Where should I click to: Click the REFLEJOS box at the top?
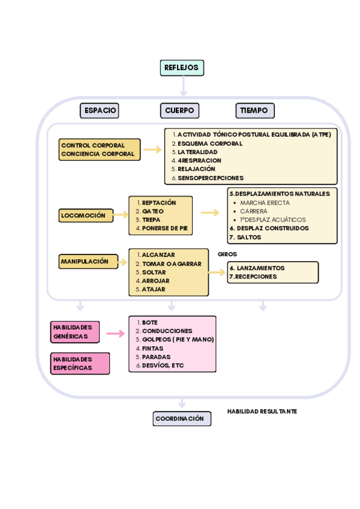(x=182, y=68)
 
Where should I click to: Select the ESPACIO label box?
(x=100, y=110)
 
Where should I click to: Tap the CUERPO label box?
(x=179, y=110)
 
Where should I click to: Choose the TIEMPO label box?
(x=255, y=110)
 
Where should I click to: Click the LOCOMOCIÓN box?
(x=86, y=215)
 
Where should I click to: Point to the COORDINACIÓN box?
(x=182, y=419)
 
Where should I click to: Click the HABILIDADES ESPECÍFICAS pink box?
(x=80, y=363)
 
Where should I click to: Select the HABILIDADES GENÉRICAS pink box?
(x=75, y=332)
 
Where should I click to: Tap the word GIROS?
(x=227, y=254)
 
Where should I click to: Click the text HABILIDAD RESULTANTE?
(x=262, y=412)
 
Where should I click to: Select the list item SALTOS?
(x=248, y=237)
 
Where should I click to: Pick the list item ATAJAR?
(x=154, y=289)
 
